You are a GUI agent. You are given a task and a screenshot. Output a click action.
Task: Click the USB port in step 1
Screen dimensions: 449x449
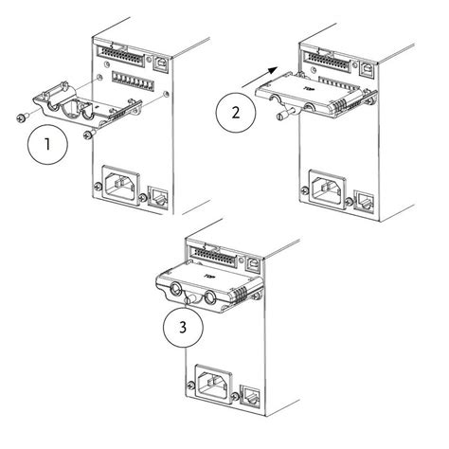click(x=160, y=59)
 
